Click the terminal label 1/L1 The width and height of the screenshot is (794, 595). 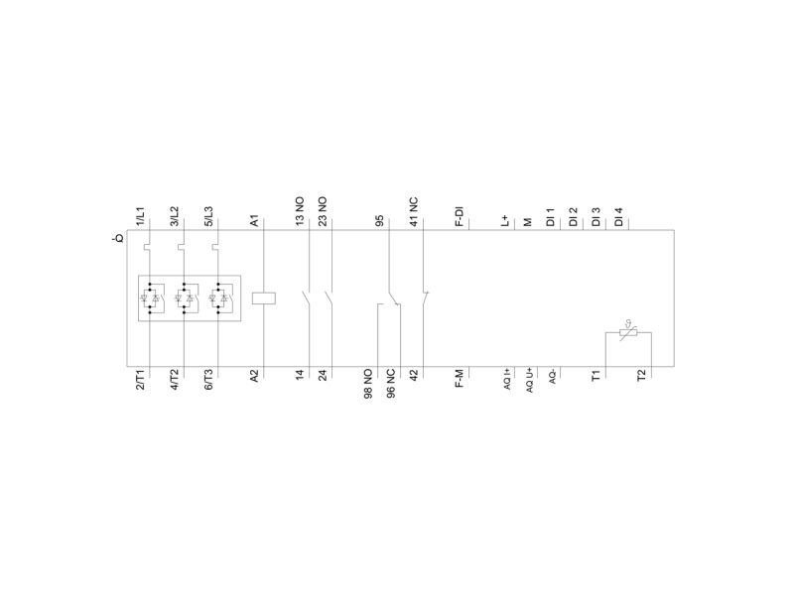[x=140, y=216]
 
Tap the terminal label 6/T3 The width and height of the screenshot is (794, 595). [x=208, y=380]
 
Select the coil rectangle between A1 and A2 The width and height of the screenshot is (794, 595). [x=264, y=298]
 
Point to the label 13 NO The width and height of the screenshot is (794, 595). [x=300, y=211]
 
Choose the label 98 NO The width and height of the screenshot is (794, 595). [x=368, y=384]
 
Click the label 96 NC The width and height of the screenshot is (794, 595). [x=391, y=384]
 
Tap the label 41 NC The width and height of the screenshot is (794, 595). [x=414, y=211]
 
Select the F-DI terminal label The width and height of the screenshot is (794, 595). [x=460, y=216]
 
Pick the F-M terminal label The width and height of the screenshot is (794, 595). [x=460, y=379]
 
